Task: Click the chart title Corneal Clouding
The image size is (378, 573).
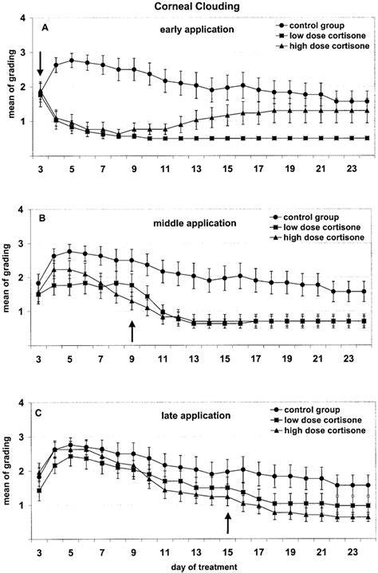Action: [x=197, y=6]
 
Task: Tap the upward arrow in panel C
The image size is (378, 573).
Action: [x=228, y=523]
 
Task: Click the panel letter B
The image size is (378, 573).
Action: [x=41, y=218]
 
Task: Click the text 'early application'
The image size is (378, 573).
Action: [x=197, y=29]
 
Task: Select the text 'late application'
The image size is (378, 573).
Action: [x=196, y=415]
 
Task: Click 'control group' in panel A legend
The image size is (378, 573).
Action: [x=317, y=26]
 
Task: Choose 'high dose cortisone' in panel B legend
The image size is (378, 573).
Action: [x=324, y=237]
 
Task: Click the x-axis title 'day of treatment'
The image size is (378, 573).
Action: [x=204, y=567]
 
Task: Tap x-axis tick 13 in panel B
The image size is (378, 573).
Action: [x=195, y=359]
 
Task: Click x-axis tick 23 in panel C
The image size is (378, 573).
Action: [x=352, y=551]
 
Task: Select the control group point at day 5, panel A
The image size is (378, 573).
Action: [x=72, y=61]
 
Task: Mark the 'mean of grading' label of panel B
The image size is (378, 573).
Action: [x=6, y=277]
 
